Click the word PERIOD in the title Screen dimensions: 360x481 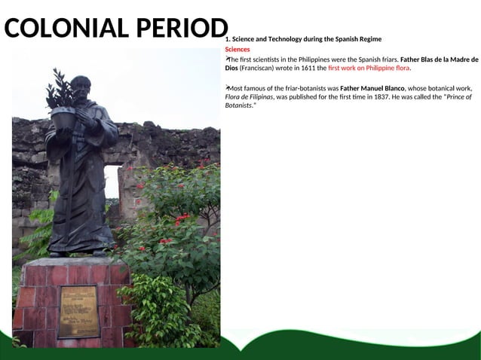pyautogui.click(x=182, y=28)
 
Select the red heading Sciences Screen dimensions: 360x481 pyautogui.click(x=237, y=49)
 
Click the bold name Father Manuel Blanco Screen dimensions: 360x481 pyautogui.click(x=372, y=88)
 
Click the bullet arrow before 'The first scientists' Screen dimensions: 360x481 pyautogui.click(x=227, y=58)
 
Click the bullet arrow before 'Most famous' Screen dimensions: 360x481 pyautogui.click(x=227, y=87)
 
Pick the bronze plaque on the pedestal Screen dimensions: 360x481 pyautogui.click(x=79, y=311)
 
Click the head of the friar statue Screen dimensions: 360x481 pyautogui.click(x=81, y=85)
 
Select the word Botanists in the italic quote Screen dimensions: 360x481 pyautogui.click(x=240, y=105)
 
